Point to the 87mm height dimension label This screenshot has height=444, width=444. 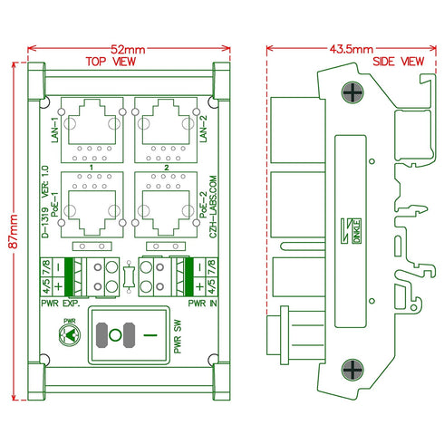tap(8, 232)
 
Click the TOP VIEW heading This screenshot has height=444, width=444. tap(111, 62)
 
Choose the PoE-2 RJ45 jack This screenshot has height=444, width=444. tap(164, 201)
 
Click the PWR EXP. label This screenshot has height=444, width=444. tap(62, 305)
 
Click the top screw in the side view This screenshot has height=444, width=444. tap(352, 91)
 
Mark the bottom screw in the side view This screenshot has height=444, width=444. tap(352, 369)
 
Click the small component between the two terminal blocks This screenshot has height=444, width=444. tap(132, 274)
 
